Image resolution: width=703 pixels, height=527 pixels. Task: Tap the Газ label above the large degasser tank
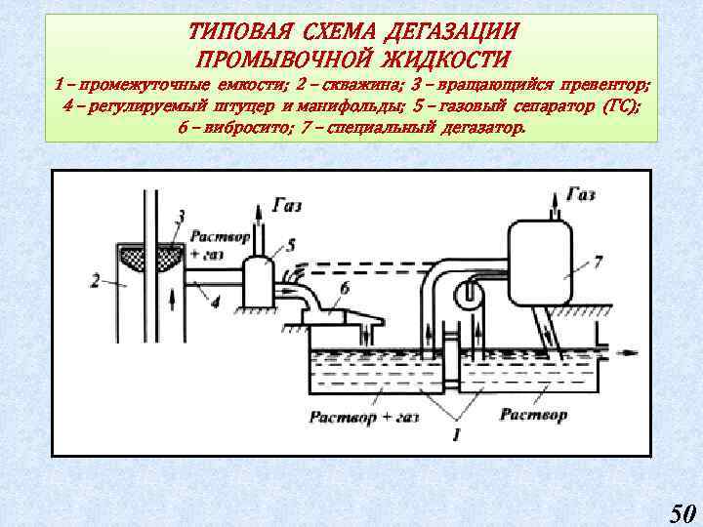pos(579,195)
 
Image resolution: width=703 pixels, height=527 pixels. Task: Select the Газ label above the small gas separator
pos(287,205)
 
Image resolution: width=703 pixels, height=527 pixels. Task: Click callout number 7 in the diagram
pos(598,263)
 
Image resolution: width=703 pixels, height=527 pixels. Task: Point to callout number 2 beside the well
pos(95,281)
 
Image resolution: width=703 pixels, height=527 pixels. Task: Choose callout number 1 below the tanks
pos(455,429)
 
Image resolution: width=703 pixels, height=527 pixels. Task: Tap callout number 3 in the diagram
pos(181,215)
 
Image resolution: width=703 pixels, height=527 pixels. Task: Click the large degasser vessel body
pos(541,256)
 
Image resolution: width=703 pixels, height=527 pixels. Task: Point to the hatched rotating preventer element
pos(148,256)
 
